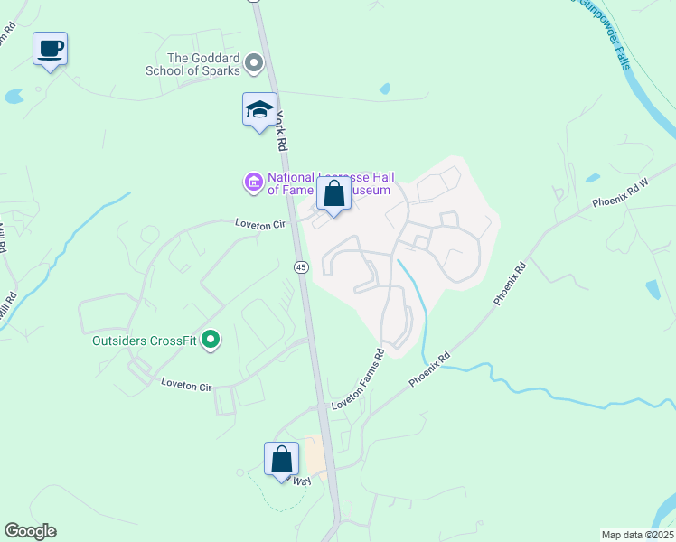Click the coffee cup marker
(x=50, y=49)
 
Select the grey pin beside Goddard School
(x=254, y=63)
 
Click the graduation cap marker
(x=259, y=110)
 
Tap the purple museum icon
(x=253, y=183)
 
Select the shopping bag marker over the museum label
(x=333, y=193)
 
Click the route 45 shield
(x=301, y=266)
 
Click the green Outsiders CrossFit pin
(x=211, y=341)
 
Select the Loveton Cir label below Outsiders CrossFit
(x=186, y=384)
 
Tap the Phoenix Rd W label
(x=620, y=191)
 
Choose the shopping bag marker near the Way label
(x=281, y=459)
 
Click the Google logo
(x=30, y=531)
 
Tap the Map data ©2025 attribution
(x=638, y=535)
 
